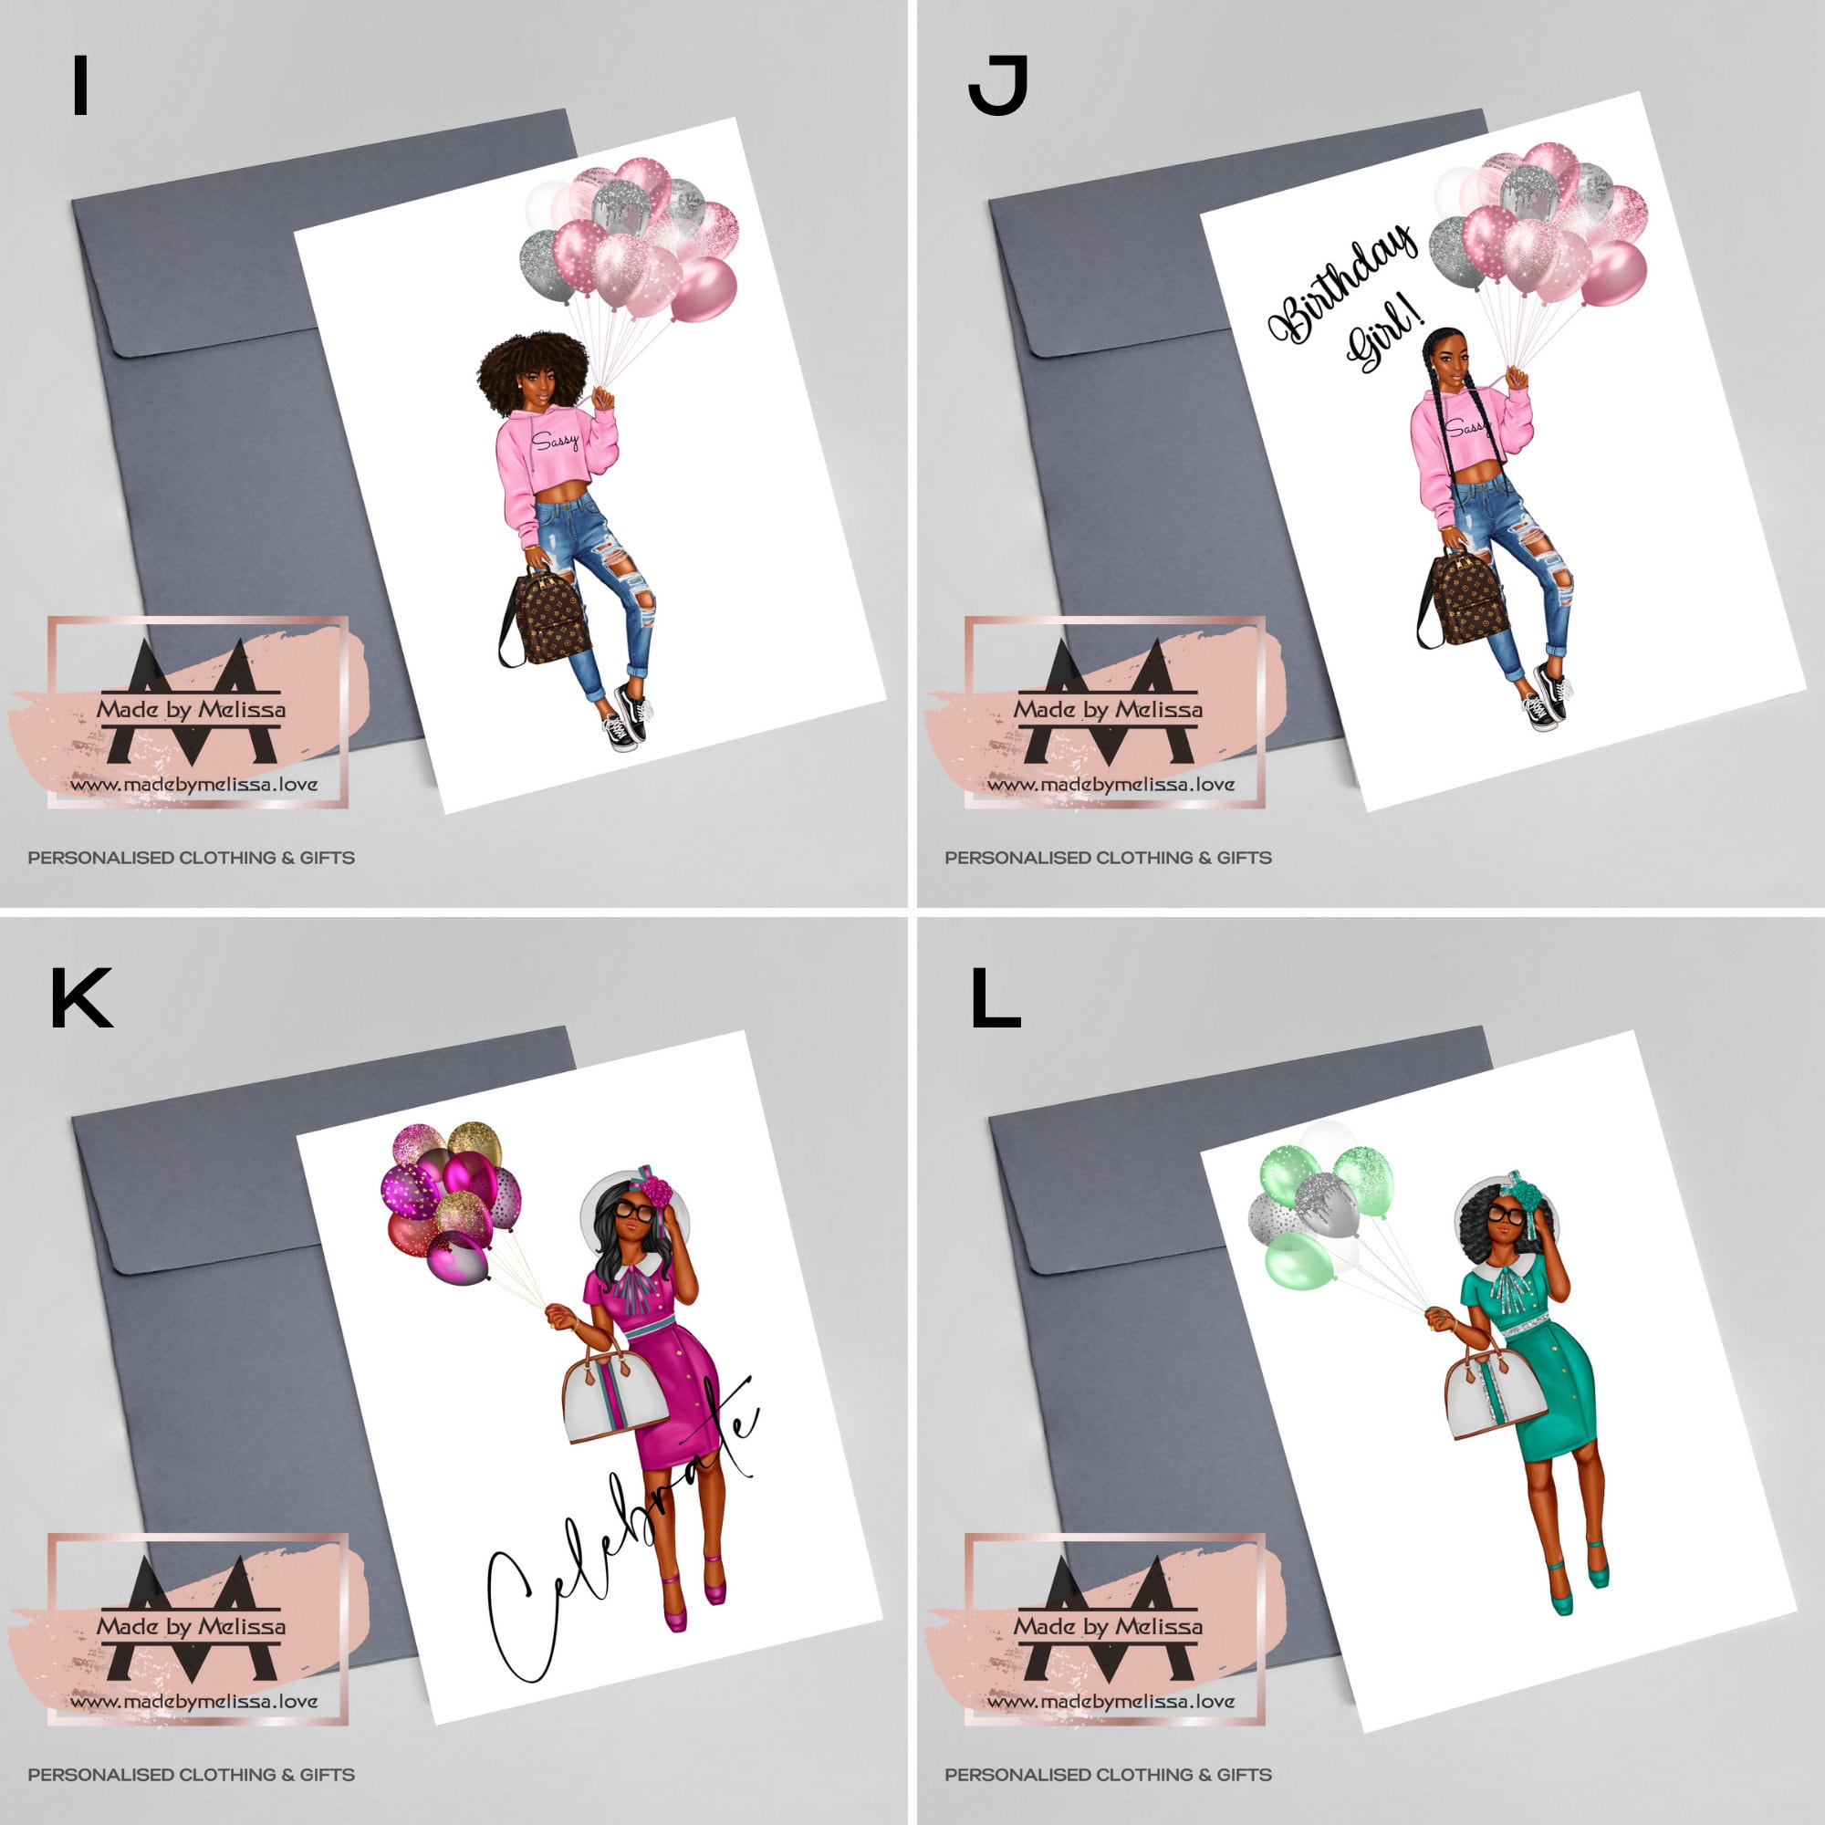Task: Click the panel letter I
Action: coord(80,85)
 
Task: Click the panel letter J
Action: coord(997,85)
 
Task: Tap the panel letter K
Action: coord(81,997)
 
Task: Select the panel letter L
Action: coord(995,997)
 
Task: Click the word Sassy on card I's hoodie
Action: coord(555,441)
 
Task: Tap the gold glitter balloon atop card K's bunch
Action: coord(475,1144)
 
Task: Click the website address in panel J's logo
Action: coord(1111,784)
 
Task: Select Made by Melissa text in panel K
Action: coord(191,1626)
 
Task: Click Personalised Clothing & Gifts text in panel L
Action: coord(1107,1774)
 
